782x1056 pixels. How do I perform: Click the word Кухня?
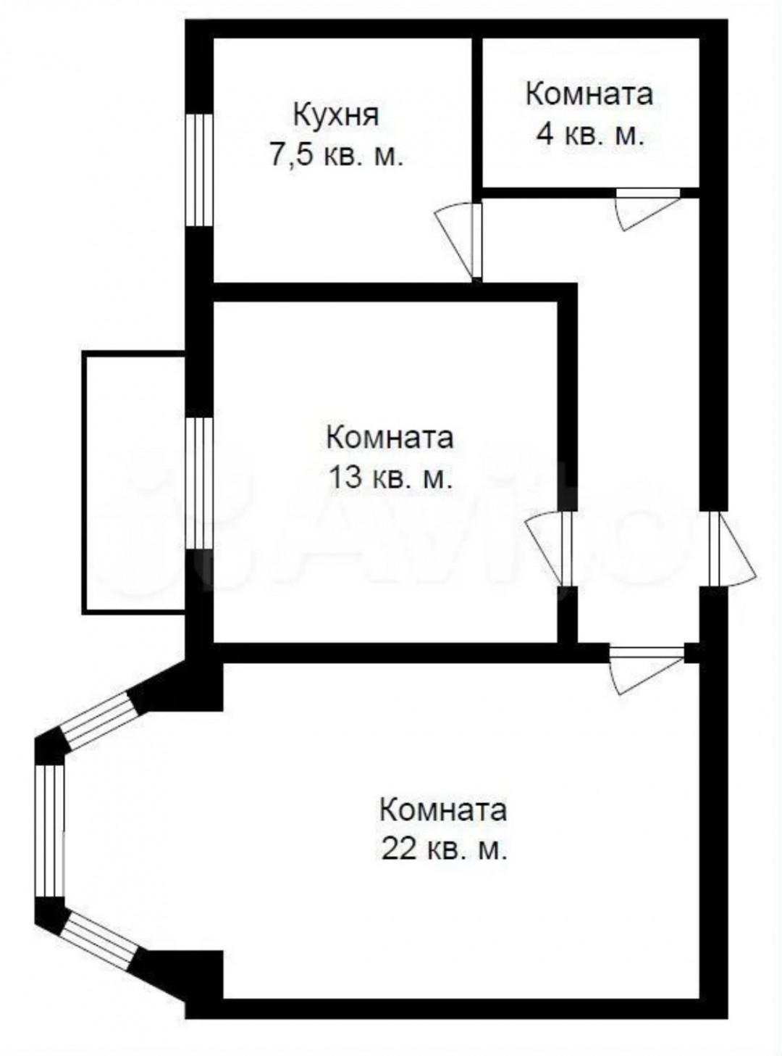335,115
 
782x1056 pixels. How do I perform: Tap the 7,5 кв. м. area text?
336,156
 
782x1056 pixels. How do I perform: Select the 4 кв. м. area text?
589,135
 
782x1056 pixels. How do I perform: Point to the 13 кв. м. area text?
390,478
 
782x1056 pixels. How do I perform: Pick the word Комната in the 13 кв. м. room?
390,438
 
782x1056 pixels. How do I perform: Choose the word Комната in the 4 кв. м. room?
589,94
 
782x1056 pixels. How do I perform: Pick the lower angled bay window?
100,940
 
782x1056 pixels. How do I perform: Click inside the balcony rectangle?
134,482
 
